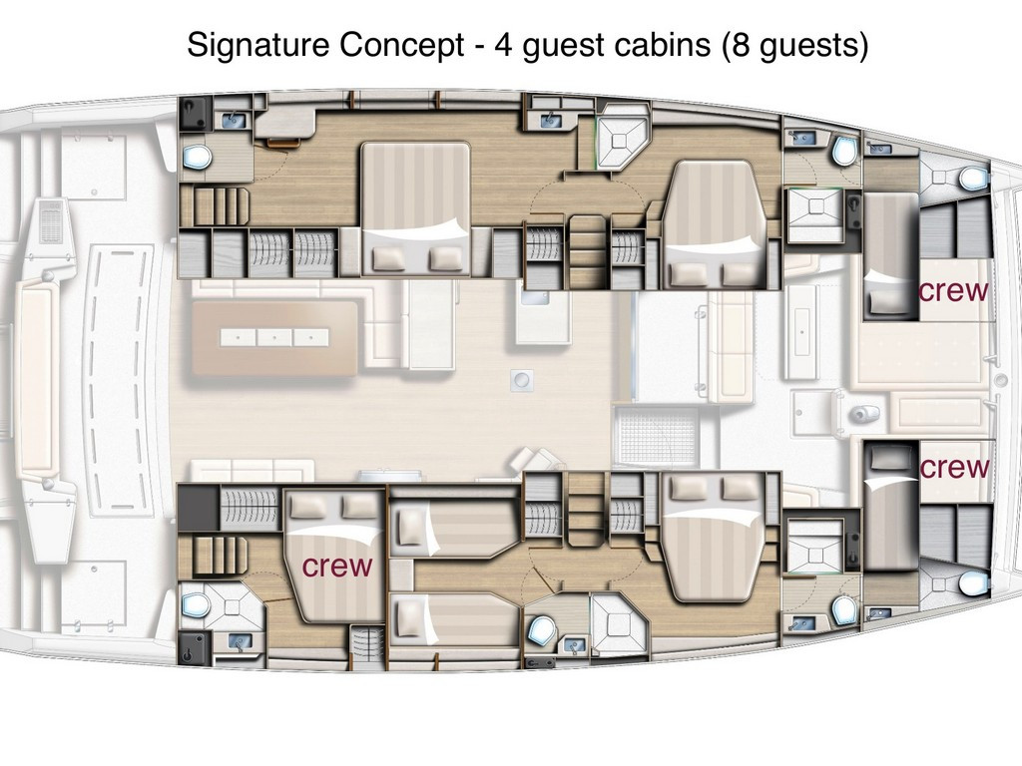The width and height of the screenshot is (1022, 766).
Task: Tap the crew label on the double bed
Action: coord(337,567)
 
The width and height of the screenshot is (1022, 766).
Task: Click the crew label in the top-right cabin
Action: coord(953,290)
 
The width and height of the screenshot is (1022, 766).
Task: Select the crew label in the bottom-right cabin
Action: coord(954,467)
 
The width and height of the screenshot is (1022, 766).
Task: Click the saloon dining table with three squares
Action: coord(274,337)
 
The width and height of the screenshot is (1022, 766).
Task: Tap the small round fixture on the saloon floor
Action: coord(522,379)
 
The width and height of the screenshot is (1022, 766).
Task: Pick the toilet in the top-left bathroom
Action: coord(197,157)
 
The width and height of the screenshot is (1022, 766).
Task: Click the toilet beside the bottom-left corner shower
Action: coord(195,605)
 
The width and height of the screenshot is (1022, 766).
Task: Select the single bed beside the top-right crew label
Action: coord(889,256)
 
